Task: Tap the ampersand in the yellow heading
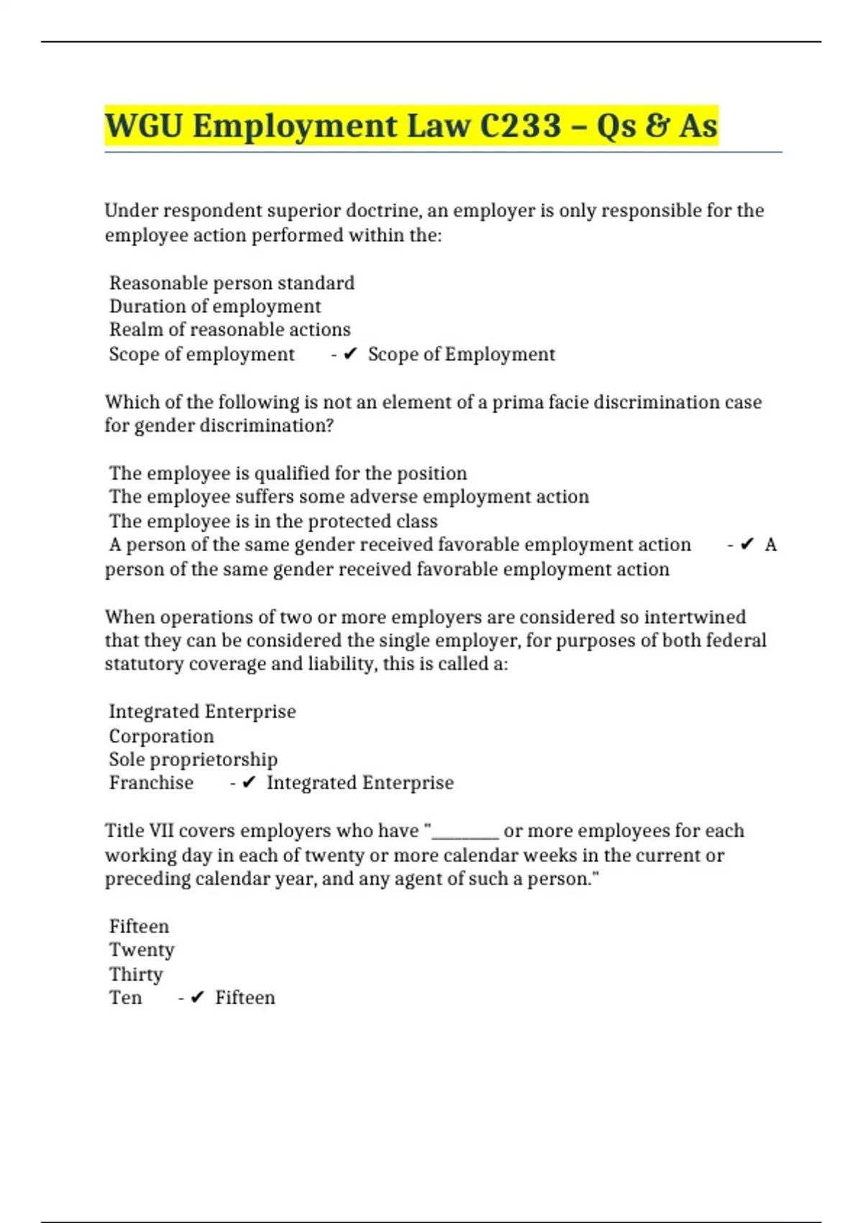click(x=655, y=126)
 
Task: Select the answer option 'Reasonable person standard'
click(x=232, y=283)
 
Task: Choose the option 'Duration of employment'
click(x=215, y=306)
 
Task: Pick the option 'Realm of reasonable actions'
click(x=229, y=329)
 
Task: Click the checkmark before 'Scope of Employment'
click(x=350, y=354)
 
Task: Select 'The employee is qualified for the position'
click(x=288, y=473)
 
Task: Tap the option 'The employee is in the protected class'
click(x=273, y=521)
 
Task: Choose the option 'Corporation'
click(x=161, y=736)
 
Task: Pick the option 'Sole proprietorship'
click(x=193, y=760)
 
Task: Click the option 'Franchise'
click(x=151, y=783)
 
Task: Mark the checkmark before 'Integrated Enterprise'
click(x=249, y=783)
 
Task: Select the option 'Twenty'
click(x=142, y=950)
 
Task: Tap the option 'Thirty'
click(x=136, y=974)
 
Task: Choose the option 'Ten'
click(x=125, y=998)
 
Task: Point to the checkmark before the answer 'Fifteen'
click(x=198, y=998)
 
